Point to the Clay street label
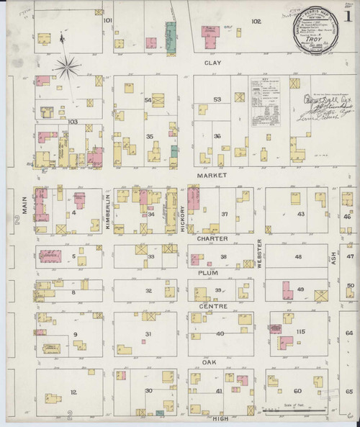pos(212,63)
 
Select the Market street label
pos(215,175)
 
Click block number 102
pos(256,22)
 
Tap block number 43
pos(301,214)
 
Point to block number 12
pos(73,392)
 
